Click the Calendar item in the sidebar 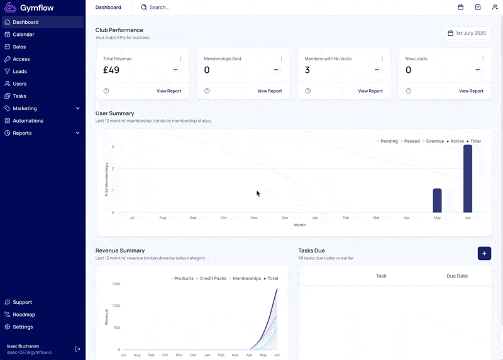23,35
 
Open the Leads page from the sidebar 19,71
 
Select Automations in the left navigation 28,121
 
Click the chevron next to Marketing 77,108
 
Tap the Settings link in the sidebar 23,327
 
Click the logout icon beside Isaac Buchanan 77,349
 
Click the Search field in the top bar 159,8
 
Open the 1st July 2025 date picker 467,33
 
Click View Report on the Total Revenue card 169,91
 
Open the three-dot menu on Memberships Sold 281,59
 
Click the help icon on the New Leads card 408,91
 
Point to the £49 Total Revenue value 111,70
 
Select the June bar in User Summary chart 468,179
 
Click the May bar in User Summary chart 437,200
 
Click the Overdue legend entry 433,141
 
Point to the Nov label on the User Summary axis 254,218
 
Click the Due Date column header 457,276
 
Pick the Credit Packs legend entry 211,278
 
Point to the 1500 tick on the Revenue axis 116,284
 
